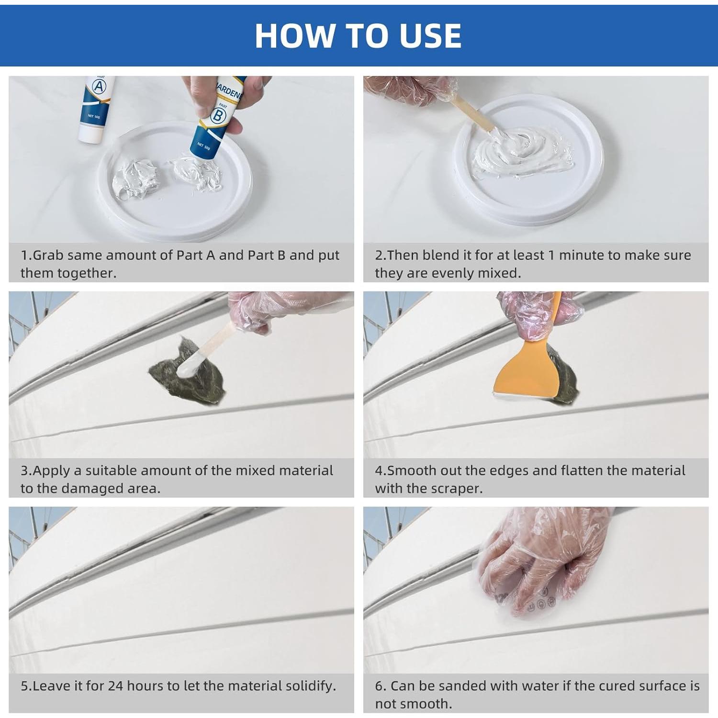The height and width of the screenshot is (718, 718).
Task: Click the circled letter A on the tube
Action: coord(100,87)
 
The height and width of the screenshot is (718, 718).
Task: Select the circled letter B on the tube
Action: coord(218,115)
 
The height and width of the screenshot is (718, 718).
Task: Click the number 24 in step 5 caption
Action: coord(116,686)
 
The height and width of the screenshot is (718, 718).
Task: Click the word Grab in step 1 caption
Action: coord(48,255)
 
